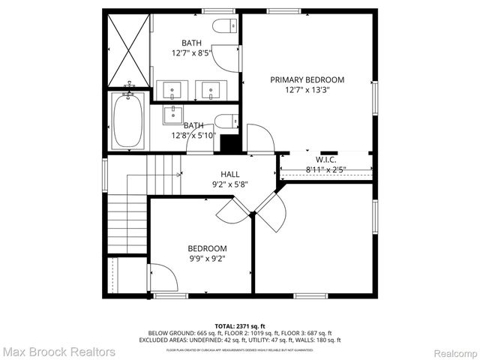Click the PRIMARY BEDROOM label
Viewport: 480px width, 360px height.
(x=307, y=79)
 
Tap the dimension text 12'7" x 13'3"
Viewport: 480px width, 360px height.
(x=307, y=90)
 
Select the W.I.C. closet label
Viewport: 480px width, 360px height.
(x=325, y=159)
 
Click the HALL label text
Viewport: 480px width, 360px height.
(x=229, y=174)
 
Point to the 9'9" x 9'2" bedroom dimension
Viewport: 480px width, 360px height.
(x=206, y=259)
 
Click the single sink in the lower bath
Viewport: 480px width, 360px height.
(x=173, y=113)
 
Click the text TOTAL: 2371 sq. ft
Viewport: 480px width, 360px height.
(x=240, y=326)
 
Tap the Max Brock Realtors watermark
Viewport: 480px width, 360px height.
(x=58, y=351)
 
